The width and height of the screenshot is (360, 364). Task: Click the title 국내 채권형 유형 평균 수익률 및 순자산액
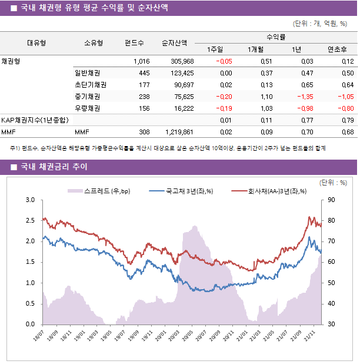94,8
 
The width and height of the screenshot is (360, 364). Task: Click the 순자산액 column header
175,42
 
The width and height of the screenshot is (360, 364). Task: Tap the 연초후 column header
337,49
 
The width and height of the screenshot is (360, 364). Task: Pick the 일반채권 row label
87,73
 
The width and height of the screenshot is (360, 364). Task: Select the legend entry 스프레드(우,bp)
95,191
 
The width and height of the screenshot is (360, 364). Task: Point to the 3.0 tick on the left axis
30,200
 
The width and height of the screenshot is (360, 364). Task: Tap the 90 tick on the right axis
332,200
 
